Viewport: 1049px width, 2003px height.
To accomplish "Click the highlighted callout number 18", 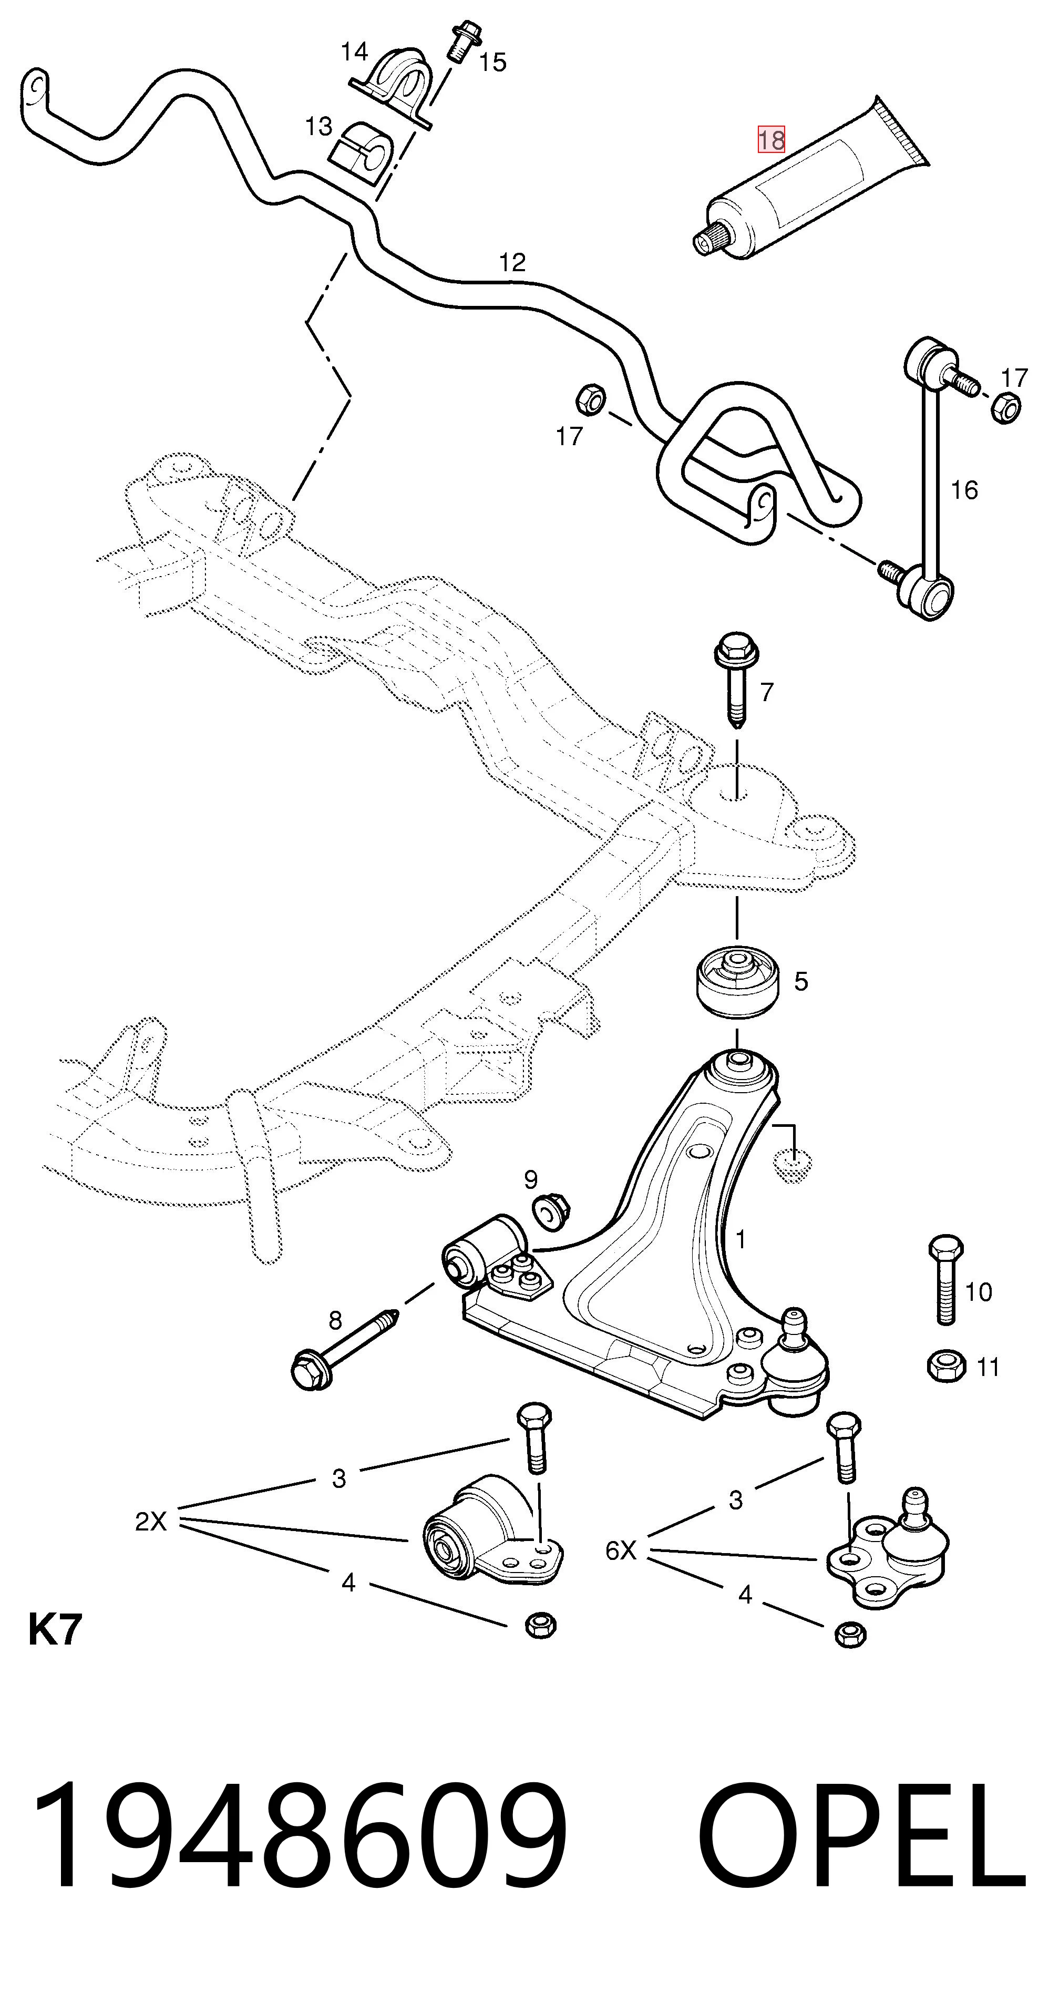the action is pyautogui.click(x=772, y=140).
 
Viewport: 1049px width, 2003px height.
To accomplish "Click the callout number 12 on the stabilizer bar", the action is pyautogui.click(x=512, y=263).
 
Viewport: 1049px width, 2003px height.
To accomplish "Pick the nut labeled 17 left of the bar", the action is pyautogui.click(x=590, y=399).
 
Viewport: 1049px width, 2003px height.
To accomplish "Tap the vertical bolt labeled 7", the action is pyautogui.click(x=734, y=680).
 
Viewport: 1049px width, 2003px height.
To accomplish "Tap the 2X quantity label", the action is pyautogui.click(x=151, y=1521).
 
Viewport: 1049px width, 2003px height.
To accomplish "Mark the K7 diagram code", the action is pyautogui.click(x=55, y=1630).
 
